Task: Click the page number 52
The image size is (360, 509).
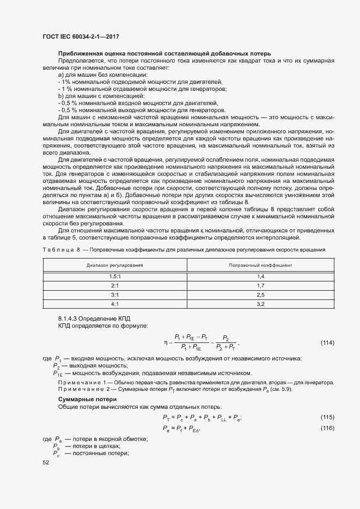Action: pyautogui.click(x=46, y=462)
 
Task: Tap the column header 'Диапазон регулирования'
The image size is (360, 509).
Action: pyautogui.click(x=114, y=265)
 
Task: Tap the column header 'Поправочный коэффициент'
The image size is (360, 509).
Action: pyautogui.click(x=260, y=265)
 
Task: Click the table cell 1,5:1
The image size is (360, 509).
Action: pyautogui.click(x=114, y=277)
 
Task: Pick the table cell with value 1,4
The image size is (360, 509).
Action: pyautogui.click(x=260, y=277)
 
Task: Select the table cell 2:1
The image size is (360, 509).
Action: pyautogui.click(x=114, y=285)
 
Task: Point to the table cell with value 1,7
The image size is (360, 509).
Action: pyautogui.click(x=260, y=285)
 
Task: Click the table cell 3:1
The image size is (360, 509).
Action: pyautogui.click(x=114, y=295)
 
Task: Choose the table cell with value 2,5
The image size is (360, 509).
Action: pyautogui.click(x=260, y=295)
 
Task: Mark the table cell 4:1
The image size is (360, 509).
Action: pyautogui.click(x=114, y=304)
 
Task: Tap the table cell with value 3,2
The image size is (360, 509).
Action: pyautogui.click(x=260, y=304)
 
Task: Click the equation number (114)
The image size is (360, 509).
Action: pyautogui.click(x=327, y=342)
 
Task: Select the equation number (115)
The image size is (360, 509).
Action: pyautogui.click(x=327, y=418)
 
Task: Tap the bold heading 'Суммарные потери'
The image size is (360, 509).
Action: pyautogui.click(x=83, y=400)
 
